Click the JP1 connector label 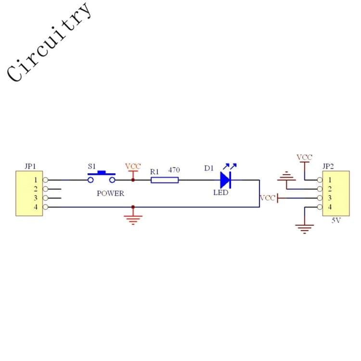(x=30, y=166)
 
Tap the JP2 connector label (x=328, y=166)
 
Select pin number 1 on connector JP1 (x=36, y=180)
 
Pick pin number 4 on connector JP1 (x=36, y=207)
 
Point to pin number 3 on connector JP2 (x=330, y=198)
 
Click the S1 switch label (x=91, y=166)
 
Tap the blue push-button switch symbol (x=102, y=177)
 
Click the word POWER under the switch (x=110, y=193)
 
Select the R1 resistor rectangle (x=165, y=180)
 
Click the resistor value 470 (x=174, y=170)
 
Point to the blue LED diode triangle (x=225, y=180)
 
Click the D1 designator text (x=209, y=168)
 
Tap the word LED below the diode (x=221, y=192)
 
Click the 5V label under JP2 (x=336, y=220)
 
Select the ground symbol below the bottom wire (x=133, y=219)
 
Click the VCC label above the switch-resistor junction (x=133, y=166)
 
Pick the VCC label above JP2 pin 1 (x=304, y=157)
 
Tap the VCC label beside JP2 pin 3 (x=267, y=198)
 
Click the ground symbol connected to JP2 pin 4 (x=305, y=229)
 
